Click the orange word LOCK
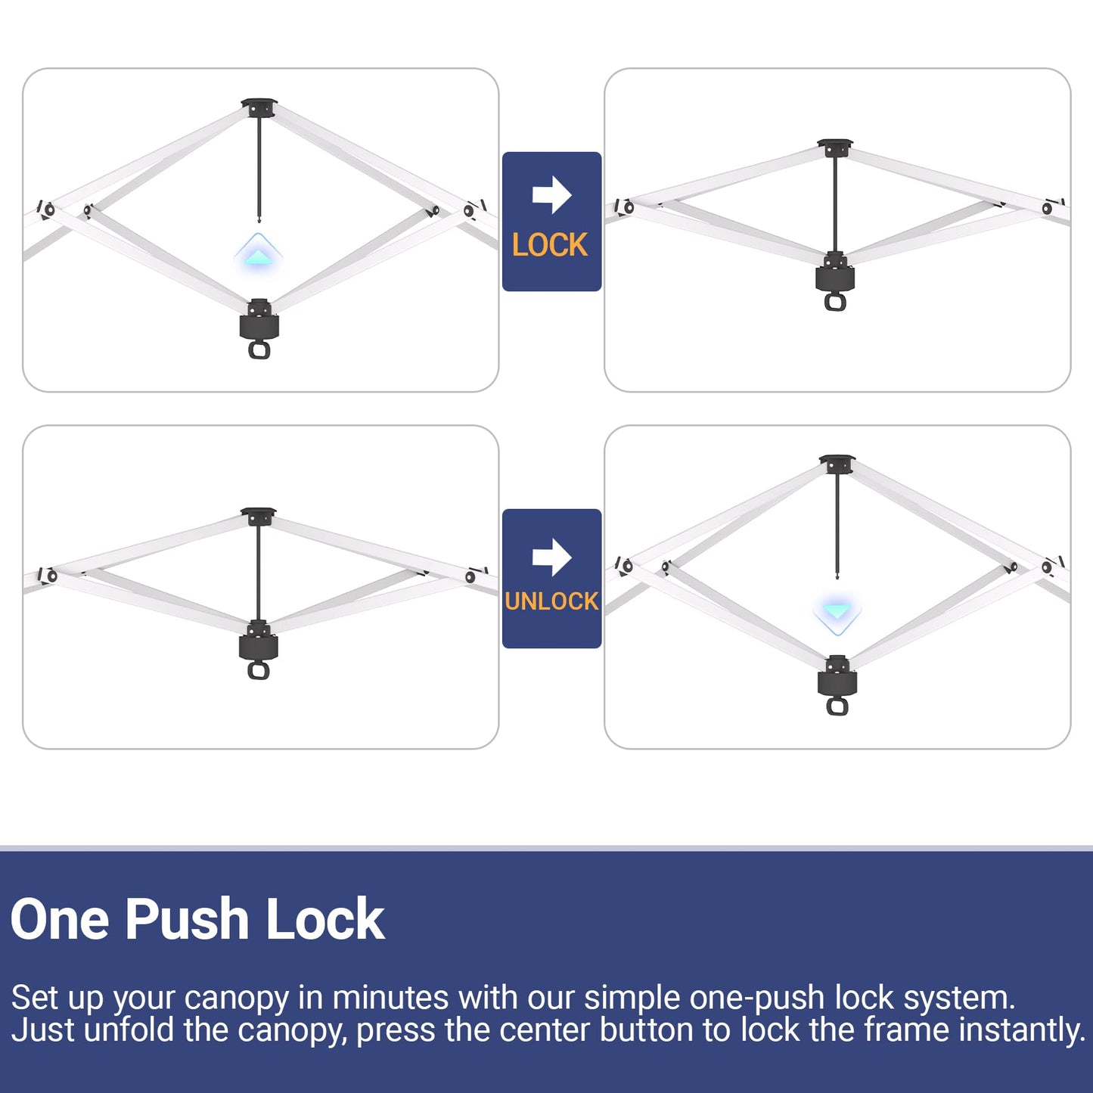coord(550,245)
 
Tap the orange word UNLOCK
coord(551,601)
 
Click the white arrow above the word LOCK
coord(551,195)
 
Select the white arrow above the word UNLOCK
coord(551,557)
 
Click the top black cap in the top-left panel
coord(259,107)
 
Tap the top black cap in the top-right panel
coord(835,147)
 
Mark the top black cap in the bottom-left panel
coord(258,516)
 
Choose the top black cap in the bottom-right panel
coord(837,464)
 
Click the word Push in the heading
coord(187,920)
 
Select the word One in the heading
coord(60,919)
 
